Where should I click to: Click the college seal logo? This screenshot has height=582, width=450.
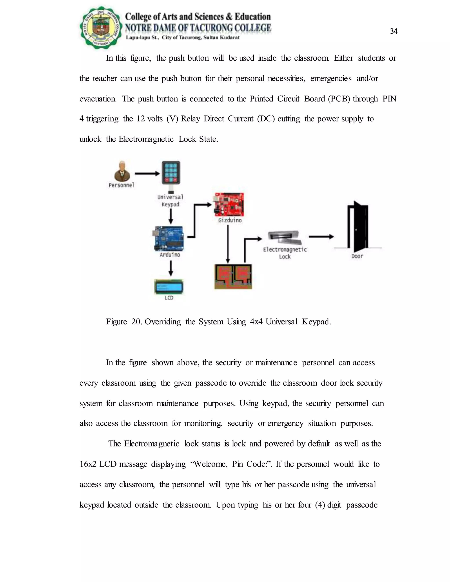(101, 28)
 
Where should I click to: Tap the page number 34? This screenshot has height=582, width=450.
(394, 31)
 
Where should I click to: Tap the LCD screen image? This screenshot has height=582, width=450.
(169, 287)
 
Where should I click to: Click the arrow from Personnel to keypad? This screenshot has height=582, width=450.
(147, 174)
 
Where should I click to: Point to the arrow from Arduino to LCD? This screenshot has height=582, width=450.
(171, 268)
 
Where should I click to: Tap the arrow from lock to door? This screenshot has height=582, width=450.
(321, 237)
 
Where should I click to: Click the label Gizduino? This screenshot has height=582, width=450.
(230, 220)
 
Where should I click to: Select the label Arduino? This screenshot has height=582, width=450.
(170, 255)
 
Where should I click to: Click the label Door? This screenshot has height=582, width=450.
(357, 256)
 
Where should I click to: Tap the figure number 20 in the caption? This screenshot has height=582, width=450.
(136, 322)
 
